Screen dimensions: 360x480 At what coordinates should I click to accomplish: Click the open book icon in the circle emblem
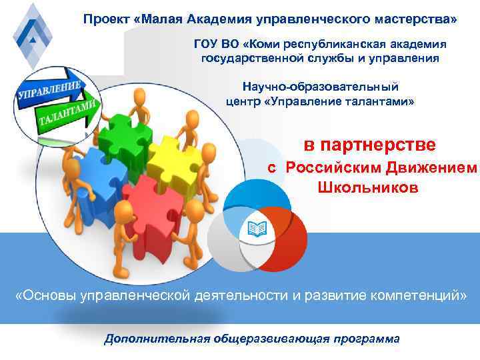pyautogui.click(x=256, y=229)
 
